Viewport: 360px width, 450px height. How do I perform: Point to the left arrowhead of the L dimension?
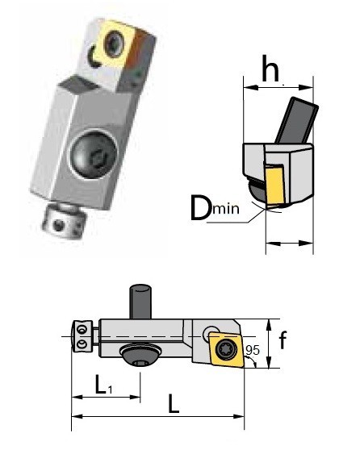[x=75, y=416]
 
